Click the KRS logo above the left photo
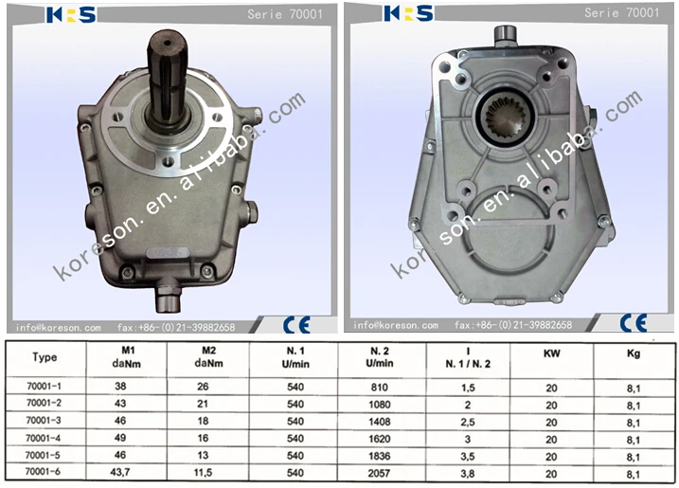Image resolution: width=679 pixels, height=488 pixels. click(x=71, y=15)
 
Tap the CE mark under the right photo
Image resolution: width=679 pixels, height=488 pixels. click(x=634, y=323)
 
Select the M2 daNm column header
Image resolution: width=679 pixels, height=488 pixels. click(x=208, y=356)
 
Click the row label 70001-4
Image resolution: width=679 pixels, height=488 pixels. click(x=44, y=438)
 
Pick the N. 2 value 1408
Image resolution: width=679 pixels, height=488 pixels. click(x=380, y=422)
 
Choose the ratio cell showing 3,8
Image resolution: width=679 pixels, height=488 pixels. click(x=468, y=473)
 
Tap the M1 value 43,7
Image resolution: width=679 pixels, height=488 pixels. click(x=120, y=472)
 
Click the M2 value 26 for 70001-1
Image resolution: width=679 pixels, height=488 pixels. click(x=203, y=387)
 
